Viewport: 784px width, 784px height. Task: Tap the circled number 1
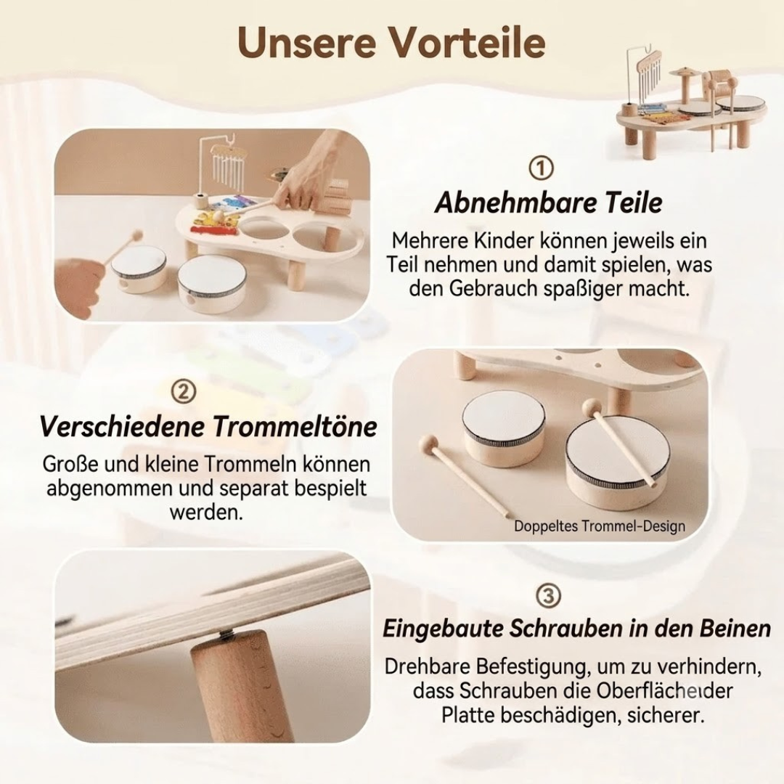coord(541,168)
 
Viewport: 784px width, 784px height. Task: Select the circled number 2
coord(184,392)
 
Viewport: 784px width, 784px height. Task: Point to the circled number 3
coord(548,595)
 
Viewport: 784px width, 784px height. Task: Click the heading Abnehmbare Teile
coord(549,203)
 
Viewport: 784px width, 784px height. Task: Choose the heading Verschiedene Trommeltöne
coord(208,427)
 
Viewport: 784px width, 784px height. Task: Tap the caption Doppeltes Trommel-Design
coord(600,526)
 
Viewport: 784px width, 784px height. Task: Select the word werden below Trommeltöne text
coord(206,512)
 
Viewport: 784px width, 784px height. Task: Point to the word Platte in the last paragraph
coord(468,714)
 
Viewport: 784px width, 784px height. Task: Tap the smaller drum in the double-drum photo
coord(504,429)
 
